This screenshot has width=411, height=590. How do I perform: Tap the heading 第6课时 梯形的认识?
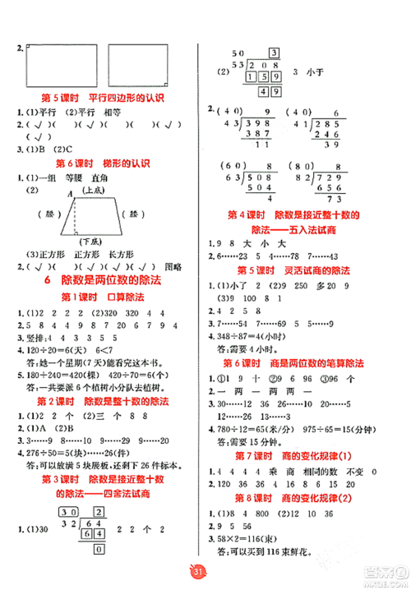pyautogui.click(x=103, y=161)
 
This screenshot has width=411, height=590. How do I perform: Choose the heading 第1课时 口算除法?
pyautogui.click(x=103, y=297)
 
